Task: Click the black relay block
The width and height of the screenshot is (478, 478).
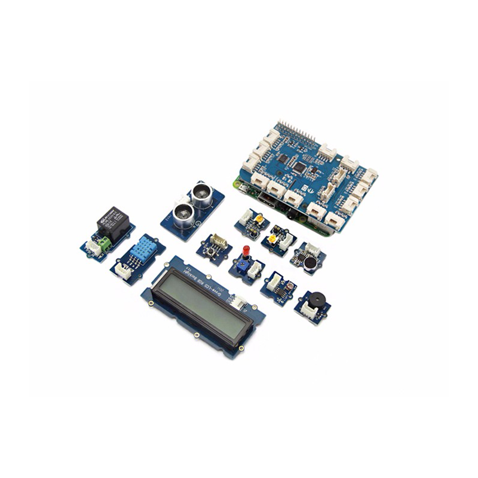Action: click(113, 223)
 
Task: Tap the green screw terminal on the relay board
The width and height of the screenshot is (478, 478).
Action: click(104, 241)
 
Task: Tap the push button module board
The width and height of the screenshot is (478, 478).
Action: click(214, 247)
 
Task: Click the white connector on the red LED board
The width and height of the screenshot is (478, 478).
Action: click(254, 271)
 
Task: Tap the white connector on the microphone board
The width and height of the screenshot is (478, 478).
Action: click(313, 247)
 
